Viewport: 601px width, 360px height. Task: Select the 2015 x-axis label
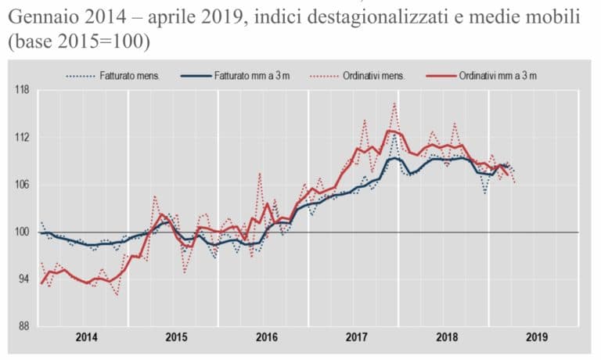176,338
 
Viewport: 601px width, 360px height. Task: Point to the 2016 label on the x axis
266,338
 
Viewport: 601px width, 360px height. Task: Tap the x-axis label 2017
356,338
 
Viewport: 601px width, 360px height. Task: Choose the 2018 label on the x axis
446,338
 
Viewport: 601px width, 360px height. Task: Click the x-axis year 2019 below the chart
536,338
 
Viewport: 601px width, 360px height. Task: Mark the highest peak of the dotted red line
394,103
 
